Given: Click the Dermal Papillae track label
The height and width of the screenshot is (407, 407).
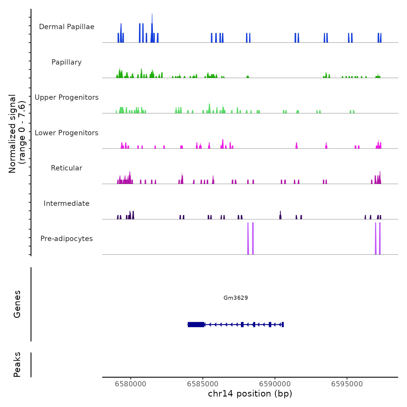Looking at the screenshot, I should point(67,27).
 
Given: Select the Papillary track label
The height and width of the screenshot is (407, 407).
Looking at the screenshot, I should point(67,62).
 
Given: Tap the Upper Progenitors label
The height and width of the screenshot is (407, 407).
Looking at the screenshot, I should point(67,97).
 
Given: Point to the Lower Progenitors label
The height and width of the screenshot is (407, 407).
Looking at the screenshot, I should point(67,133).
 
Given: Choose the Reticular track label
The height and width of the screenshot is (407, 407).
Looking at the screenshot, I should point(67,168).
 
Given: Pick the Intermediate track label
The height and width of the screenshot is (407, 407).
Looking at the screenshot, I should point(67,203).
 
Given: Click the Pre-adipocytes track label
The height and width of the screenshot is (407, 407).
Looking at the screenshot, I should point(67,239).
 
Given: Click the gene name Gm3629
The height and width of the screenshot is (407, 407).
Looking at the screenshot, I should point(235,298).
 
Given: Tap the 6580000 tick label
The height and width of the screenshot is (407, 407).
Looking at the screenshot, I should point(131,384).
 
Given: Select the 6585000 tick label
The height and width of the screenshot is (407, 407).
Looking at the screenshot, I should point(203,384).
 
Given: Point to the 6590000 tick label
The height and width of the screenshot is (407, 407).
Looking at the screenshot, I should point(275,384).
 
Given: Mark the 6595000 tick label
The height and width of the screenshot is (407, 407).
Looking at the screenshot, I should point(347,384).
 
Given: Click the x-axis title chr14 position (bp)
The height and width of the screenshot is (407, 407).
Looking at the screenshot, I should point(250,394).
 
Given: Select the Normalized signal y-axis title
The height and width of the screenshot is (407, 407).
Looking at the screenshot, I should point(17,133).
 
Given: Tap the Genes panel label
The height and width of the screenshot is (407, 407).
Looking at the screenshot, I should point(17,304).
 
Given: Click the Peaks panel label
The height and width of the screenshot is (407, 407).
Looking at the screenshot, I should point(17,365).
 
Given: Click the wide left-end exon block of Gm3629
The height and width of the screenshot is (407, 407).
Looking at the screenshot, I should point(196,324).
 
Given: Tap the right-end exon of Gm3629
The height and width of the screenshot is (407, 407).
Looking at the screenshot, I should point(283,324).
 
